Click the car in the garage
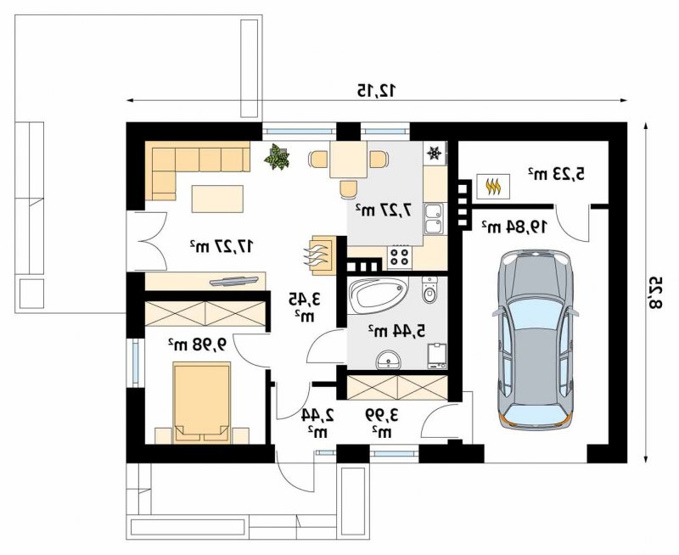(536, 339)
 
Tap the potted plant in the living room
(278, 156)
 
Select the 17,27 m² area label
(222, 245)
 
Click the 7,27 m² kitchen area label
(384, 210)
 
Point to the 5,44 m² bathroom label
(397, 330)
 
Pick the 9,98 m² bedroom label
(198, 345)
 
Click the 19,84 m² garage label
(515, 226)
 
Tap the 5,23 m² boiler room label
(556, 174)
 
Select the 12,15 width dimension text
(376, 90)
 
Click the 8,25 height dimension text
(655, 292)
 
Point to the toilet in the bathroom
(429, 289)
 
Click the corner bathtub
(378, 295)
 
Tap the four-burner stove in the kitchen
(400, 255)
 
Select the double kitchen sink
(435, 219)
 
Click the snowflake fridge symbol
(434, 153)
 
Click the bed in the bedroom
(201, 402)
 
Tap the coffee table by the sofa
(217, 199)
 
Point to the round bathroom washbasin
(389, 360)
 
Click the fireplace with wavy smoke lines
(322, 255)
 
